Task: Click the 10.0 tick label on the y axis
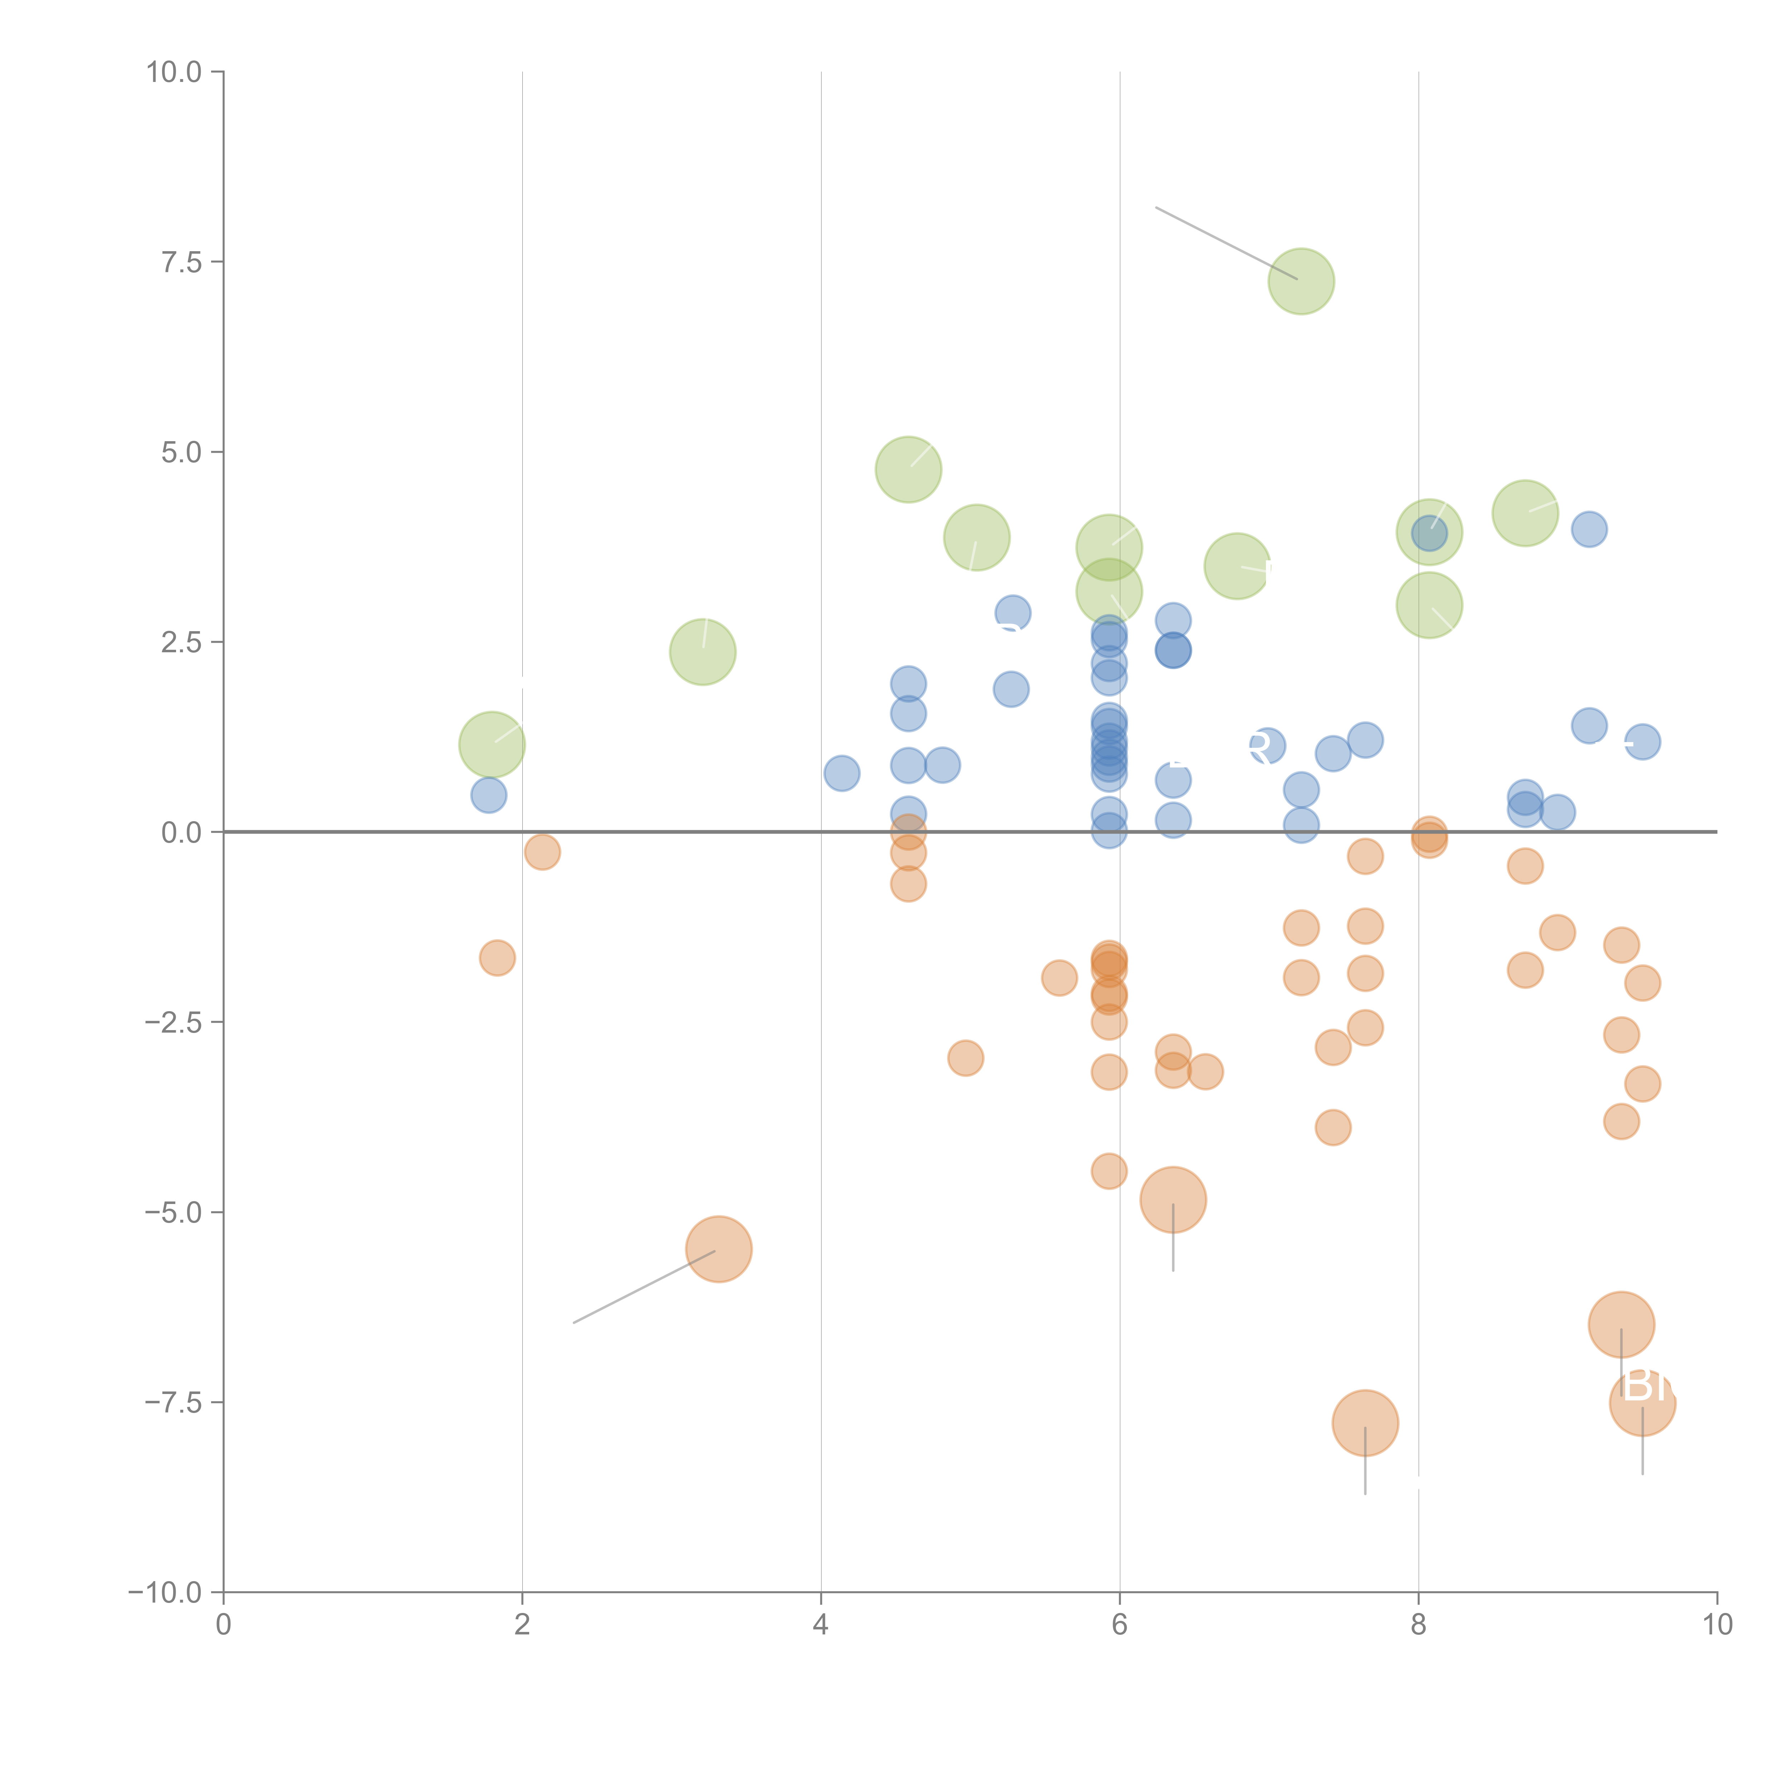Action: pos(174,72)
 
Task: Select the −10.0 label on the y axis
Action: pos(165,1593)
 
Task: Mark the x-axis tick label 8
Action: pos(1418,1625)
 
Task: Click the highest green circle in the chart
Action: pos(1301,282)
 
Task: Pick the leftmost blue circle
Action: pos(488,794)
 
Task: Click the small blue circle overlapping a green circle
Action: pos(1429,532)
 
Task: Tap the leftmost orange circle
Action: pos(497,957)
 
